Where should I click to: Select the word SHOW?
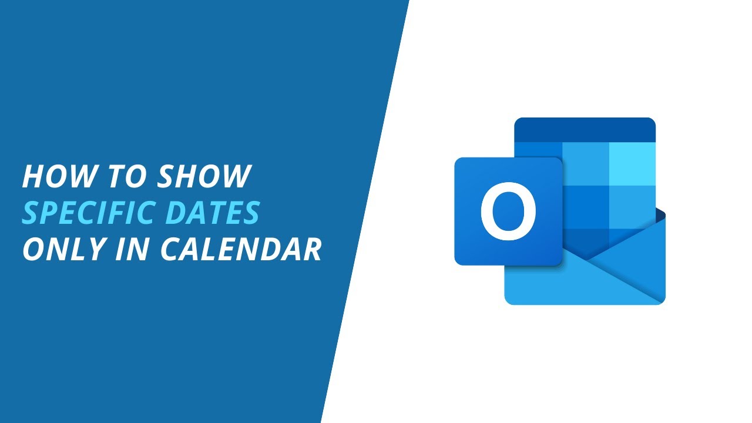[x=203, y=177]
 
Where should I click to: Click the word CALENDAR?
[x=241, y=249]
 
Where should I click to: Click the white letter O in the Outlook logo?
[x=508, y=211]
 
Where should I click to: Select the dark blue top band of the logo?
[x=585, y=129]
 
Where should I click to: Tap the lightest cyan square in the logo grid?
[x=632, y=164]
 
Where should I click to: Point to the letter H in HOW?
[x=35, y=177]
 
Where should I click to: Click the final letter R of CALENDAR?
[x=311, y=249]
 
